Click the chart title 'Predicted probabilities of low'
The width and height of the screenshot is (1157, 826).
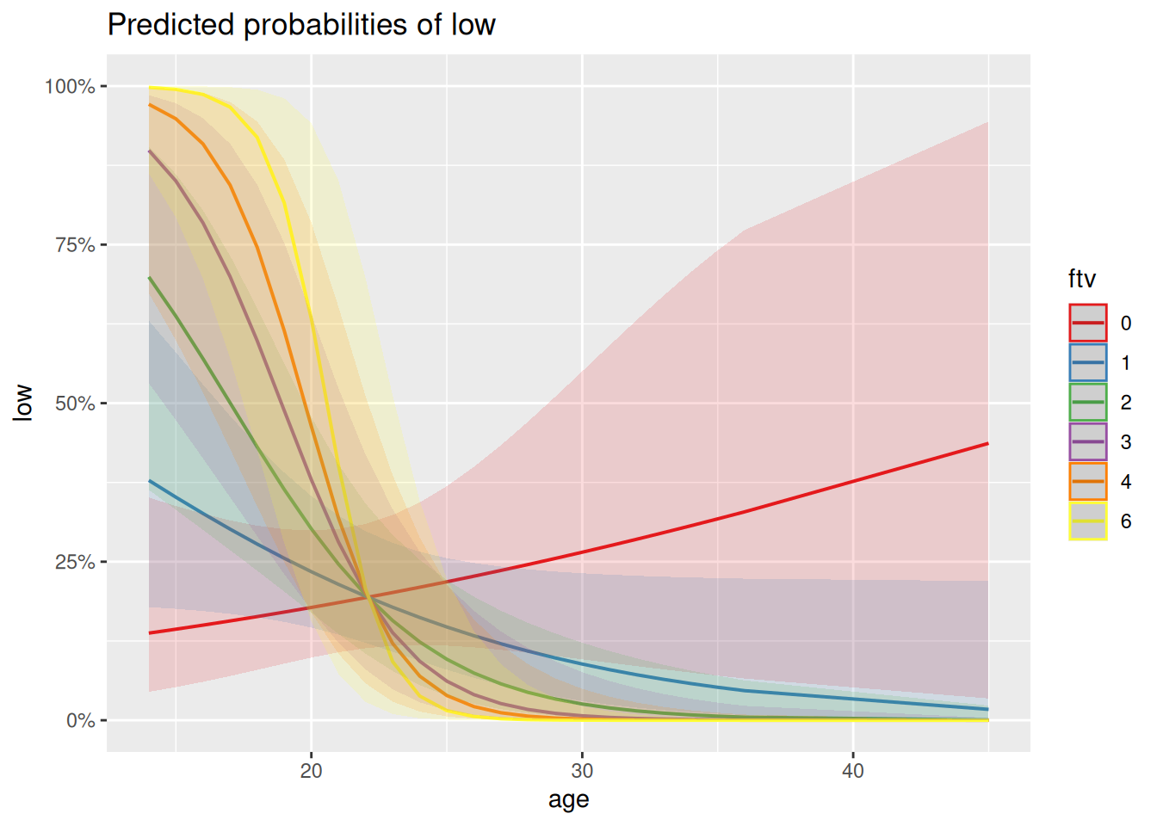click(x=301, y=25)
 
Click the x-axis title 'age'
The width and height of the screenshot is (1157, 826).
click(x=568, y=799)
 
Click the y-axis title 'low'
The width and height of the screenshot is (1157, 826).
click(x=23, y=403)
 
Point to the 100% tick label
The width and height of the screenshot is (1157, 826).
click(x=70, y=86)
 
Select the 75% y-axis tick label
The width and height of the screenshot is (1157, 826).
click(x=74, y=245)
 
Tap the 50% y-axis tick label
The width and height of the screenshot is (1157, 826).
click(x=74, y=404)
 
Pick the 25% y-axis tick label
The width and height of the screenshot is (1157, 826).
click(x=74, y=562)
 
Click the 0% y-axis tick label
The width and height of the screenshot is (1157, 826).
click(x=80, y=720)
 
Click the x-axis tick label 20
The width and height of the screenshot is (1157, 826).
click(x=311, y=771)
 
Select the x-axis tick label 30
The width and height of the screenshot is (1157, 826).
click(x=582, y=771)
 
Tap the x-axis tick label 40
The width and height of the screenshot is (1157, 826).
click(x=852, y=771)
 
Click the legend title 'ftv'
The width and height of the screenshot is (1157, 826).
click(x=1082, y=279)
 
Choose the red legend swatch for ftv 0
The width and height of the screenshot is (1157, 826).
click(x=1088, y=324)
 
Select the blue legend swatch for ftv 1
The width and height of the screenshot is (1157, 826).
click(x=1088, y=363)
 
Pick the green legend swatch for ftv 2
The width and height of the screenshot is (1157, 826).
click(x=1088, y=403)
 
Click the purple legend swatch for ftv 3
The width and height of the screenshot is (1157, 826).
click(x=1088, y=442)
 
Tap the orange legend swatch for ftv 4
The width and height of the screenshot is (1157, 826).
click(x=1088, y=482)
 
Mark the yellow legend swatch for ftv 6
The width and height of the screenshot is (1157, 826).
click(x=1088, y=521)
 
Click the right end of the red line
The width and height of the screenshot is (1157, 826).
click(x=987, y=444)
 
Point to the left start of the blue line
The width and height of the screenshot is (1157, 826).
click(x=150, y=481)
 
